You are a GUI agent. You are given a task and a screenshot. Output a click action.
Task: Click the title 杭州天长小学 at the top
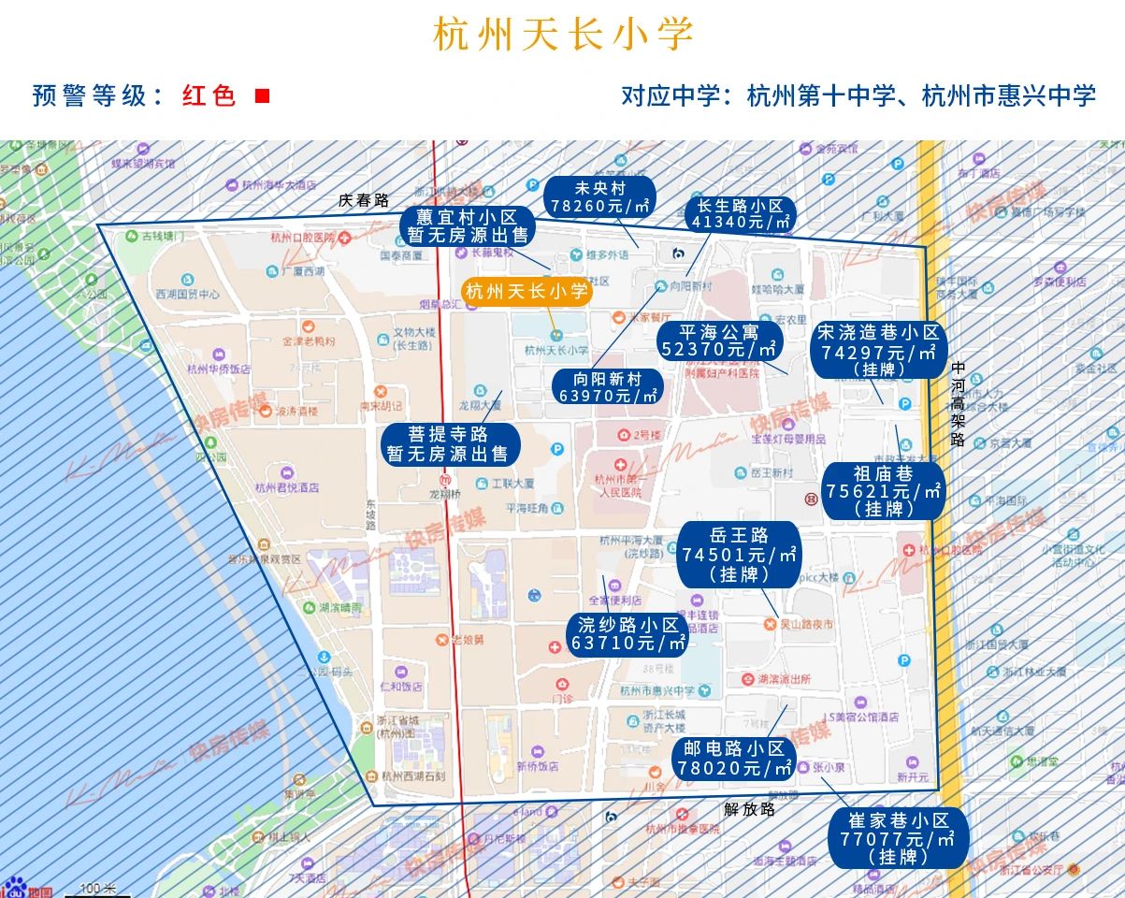(x=563, y=35)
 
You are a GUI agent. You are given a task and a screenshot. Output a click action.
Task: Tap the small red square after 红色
(x=263, y=96)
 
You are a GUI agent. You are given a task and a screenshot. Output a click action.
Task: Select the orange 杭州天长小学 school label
(x=527, y=293)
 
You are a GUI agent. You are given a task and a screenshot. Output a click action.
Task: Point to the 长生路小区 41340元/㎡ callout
(x=740, y=214)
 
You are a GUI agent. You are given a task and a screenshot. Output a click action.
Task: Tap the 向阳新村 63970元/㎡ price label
(x=608, y=387)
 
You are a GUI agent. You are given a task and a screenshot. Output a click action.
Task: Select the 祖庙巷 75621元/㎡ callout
(x=883, y=491)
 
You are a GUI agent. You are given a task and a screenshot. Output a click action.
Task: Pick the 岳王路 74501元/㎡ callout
(x=739, y=555)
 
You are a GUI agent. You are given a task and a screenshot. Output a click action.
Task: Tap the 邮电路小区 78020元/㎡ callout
(x=733, y=759)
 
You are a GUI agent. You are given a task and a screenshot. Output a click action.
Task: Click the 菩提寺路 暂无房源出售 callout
(x=448, y=444)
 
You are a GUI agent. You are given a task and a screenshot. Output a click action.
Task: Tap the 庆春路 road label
(x=364, y=200)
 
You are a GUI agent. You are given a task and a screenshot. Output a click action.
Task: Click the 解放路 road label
(x=750, y=809)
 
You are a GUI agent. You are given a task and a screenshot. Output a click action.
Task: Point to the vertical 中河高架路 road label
(x=957, y=404)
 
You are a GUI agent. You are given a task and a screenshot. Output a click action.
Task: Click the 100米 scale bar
(x=98, y=889)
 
